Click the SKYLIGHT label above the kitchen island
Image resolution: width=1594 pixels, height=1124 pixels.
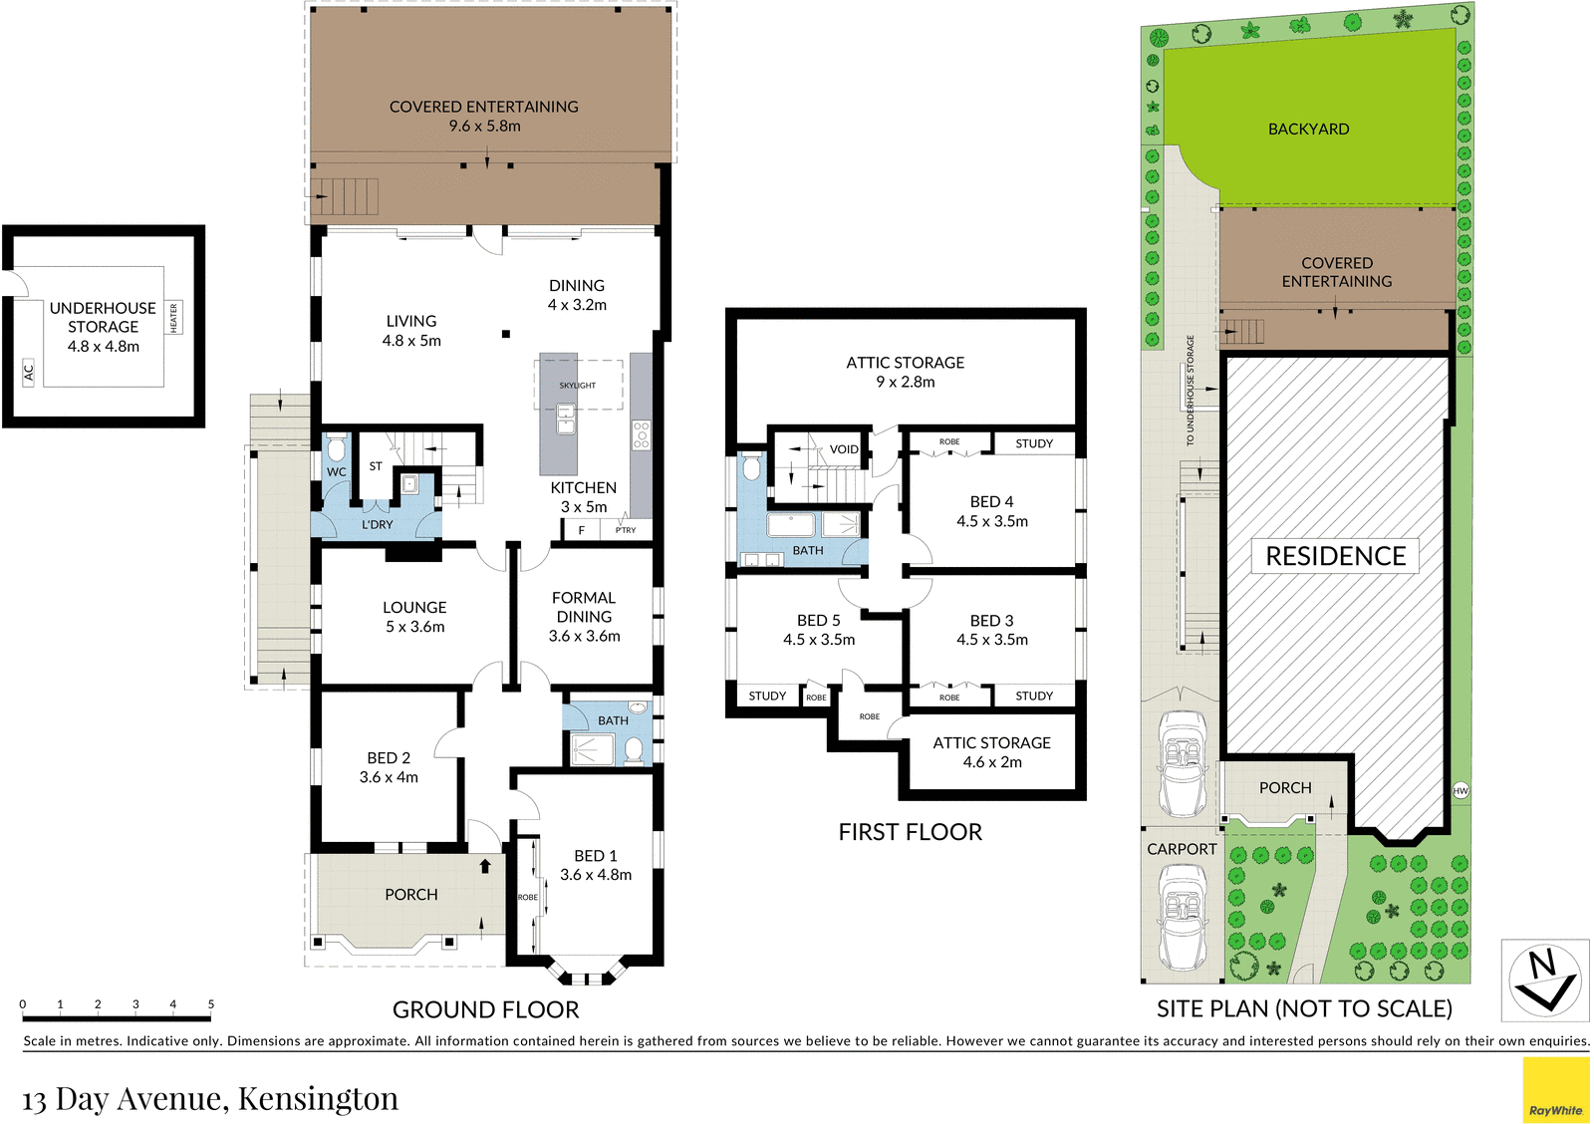[577, 385]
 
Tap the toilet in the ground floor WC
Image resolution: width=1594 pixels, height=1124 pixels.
[337, 446]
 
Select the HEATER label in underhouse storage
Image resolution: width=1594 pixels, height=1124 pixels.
[173, 318]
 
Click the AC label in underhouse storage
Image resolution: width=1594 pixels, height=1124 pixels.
[29, 372]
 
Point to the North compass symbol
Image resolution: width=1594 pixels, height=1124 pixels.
[1544, 981]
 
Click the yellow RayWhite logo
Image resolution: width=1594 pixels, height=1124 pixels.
[1555, 1090]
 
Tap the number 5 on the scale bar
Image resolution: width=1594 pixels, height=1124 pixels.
[210, 1004]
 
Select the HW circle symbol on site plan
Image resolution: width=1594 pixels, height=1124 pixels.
[1461, 790]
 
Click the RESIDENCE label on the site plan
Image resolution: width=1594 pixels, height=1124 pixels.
[1335, 556]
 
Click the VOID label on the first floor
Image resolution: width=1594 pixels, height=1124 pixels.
[844, 449]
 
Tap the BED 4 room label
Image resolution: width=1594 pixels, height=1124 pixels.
[991, 502]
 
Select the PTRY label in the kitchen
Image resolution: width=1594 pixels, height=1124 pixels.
[626, 530]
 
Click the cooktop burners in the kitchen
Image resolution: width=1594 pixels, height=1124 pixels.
[642, 434]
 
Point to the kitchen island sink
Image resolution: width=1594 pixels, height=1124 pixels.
[565, 419]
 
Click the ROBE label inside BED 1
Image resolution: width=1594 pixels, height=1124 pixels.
[528, 897]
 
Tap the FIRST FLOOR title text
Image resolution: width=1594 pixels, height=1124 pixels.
[910, 832]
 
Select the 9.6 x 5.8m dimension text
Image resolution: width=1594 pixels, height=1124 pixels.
[484, 126]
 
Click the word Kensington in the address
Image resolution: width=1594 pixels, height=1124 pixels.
[318, 1098]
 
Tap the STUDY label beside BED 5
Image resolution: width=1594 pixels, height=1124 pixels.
[767, 696]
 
